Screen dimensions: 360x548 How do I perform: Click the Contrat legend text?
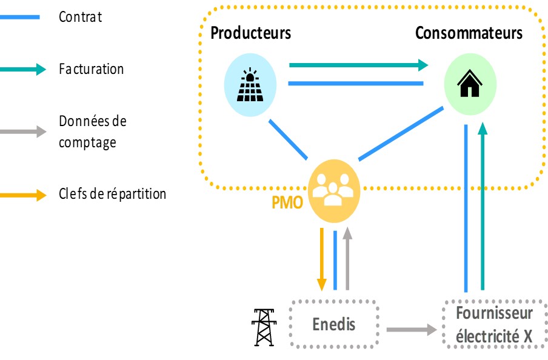80,17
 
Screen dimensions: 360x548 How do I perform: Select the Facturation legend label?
91,69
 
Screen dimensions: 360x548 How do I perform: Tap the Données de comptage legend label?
92,132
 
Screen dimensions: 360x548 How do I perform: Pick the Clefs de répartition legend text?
112,194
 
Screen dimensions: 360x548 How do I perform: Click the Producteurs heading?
250,33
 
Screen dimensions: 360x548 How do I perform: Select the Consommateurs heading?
469,33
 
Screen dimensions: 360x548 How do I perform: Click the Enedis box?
334,325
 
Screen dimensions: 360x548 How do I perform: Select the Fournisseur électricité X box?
495,324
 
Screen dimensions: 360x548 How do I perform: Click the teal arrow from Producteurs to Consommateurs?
358,64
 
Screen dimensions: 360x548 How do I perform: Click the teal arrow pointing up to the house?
483,206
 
